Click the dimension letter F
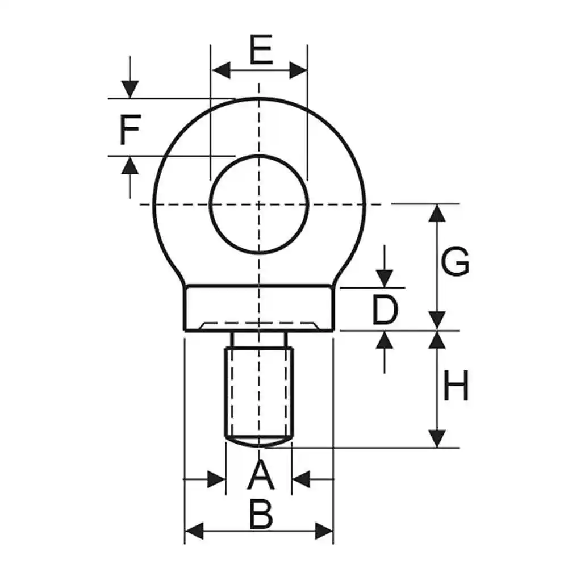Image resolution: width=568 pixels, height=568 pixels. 130,130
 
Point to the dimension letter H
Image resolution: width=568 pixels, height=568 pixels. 456,387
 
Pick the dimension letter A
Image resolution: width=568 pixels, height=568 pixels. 261,476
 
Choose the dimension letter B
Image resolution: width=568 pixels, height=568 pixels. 261,516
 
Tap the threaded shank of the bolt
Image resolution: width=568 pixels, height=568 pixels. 260,392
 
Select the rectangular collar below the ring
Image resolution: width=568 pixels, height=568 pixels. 259,307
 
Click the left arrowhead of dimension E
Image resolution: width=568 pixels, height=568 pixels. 220,70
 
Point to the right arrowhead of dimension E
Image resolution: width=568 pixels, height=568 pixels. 298,70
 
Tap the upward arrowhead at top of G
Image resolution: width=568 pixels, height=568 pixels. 437,212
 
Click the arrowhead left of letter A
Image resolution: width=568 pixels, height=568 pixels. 217,479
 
